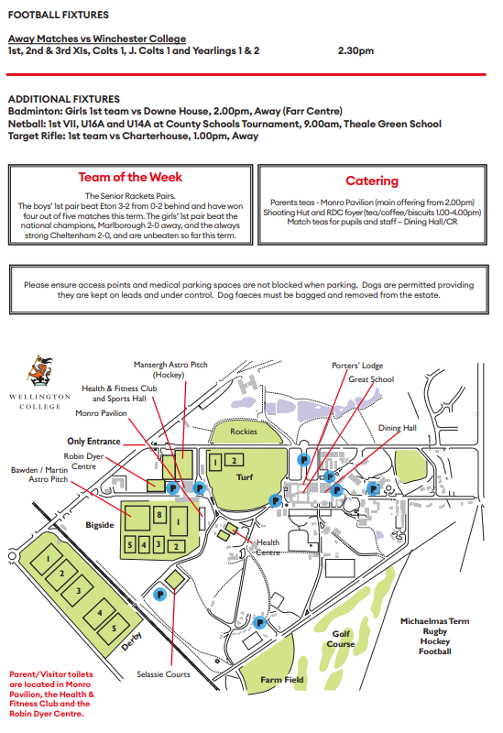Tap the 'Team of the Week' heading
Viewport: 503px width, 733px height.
point(130,178)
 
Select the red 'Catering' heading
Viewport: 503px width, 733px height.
point(371,181)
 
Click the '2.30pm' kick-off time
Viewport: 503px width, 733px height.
point(355,50)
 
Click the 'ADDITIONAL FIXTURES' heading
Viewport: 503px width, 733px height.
point(63,98)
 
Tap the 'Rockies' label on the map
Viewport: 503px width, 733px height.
point(245,432)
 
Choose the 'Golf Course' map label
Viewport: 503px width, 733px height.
point(340,639)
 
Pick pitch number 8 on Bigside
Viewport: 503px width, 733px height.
point(159,515)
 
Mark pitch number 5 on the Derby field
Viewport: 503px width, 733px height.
point(113,629)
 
